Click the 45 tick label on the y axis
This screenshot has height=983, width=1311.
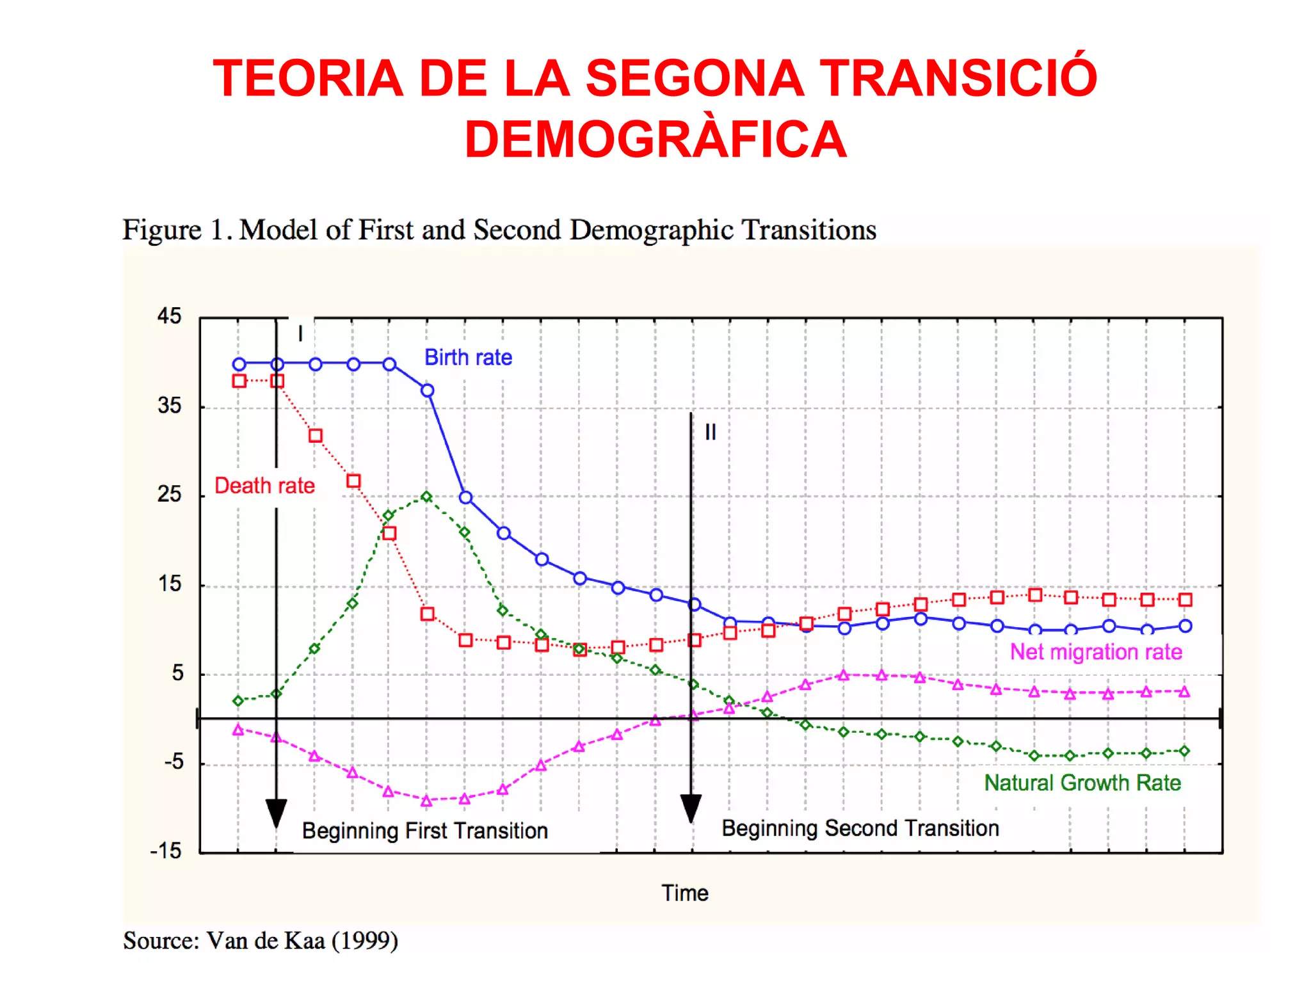[x=170, y=316]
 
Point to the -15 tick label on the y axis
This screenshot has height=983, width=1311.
[x=166, y=851]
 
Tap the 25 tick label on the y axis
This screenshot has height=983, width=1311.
[x=170, y=494]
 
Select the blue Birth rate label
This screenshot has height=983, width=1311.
[x=468, y=357]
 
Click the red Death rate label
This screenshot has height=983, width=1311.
[x=264, y=486]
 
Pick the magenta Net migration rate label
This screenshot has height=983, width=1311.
[x=1096, y=651]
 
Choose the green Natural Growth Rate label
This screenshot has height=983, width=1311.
[x=1082, y=783]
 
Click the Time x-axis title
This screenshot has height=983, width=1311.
[x=685, y=893]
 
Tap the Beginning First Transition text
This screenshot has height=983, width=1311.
[x=425, y=831]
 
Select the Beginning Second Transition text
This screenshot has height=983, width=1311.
[x=860, y=828]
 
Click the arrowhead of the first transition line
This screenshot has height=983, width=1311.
[x=276, y=813]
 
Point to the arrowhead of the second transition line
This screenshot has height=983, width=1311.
[x=691, y=809]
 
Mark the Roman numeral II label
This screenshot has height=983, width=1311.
[x=711, y=433]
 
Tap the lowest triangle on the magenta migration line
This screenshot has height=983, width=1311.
[x=427, y=801]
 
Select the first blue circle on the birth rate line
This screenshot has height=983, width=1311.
[x=239, y=364]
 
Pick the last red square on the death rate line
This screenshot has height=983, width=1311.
[x=1185, y=600]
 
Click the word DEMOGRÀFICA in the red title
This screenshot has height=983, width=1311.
[x=655, y=140]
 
